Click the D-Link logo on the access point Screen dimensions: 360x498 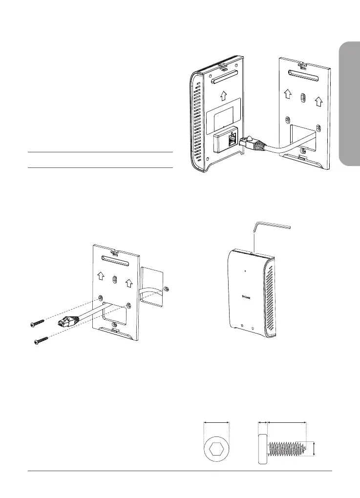[250, 294]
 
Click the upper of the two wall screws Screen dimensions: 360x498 [36, 323]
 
